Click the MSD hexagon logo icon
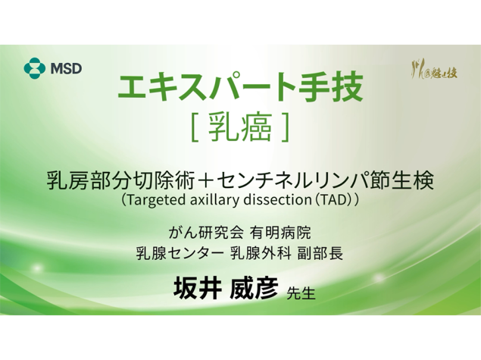pyautogui.click(x=35, y=67)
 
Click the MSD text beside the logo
pyautogui.click(x=66, y=68)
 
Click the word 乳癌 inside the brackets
pyautogui.click(x=240, y=127)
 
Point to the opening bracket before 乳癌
pyautogui.click(x=195, y=128)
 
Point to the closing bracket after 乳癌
pyautogui.click(x=285, y=128)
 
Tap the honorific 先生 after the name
pyautogui.click(x=301, y=293)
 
